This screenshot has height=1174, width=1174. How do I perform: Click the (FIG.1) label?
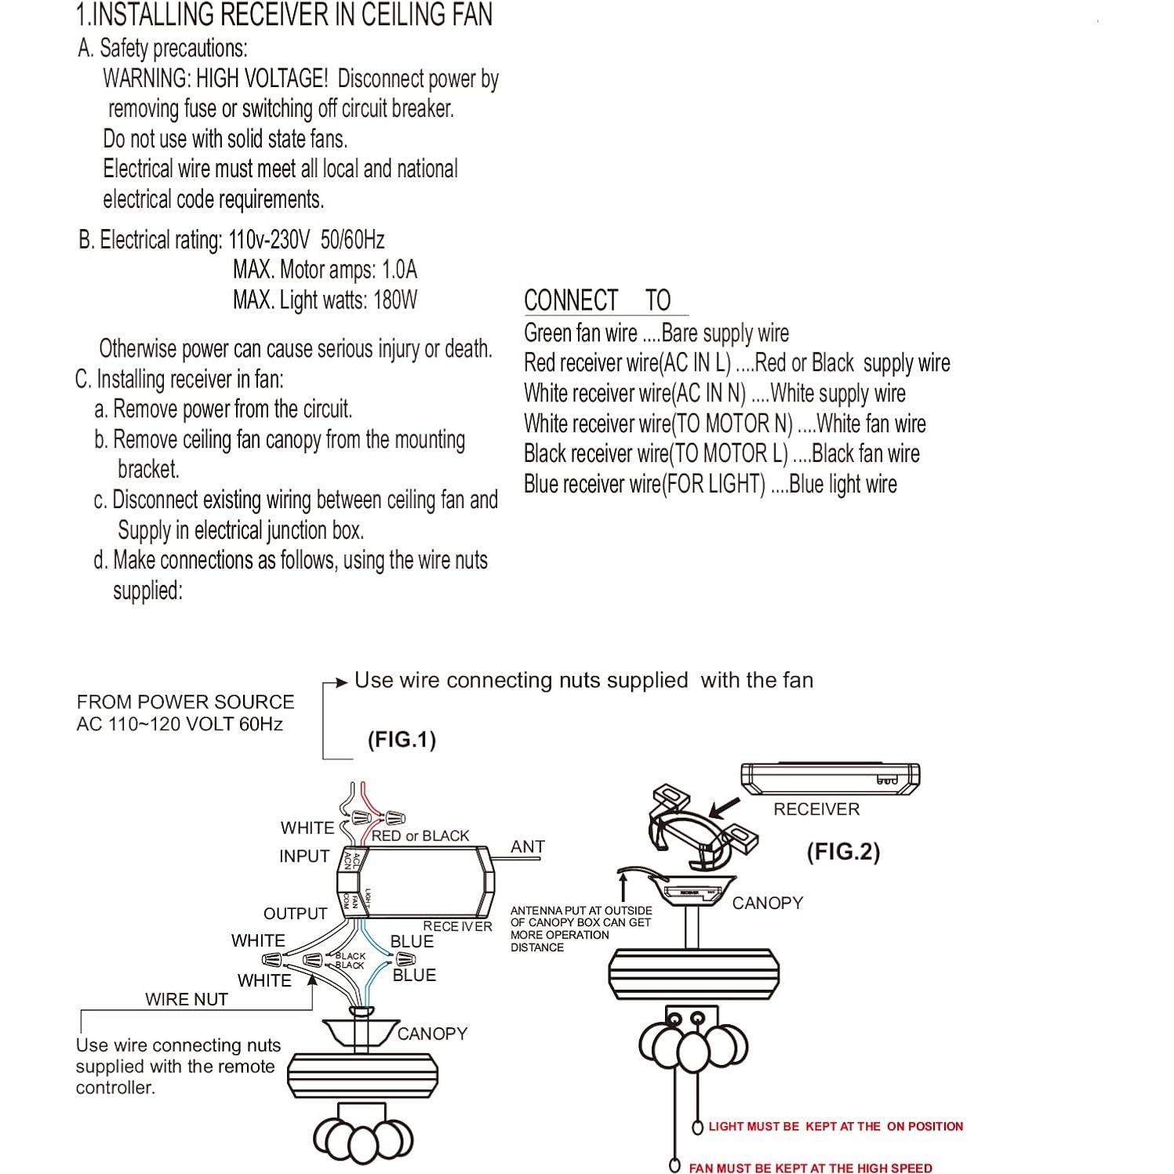click(402, 740)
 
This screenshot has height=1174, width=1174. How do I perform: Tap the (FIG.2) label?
click(843, 852)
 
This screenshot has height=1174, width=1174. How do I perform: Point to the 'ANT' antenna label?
click(527, 847)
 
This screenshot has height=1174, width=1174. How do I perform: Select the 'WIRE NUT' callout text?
click(186, 999)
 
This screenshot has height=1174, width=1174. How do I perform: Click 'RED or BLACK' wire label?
click(420, 836)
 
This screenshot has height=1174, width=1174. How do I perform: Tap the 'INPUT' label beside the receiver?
click(304, 856)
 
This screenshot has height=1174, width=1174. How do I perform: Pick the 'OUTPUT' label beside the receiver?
click(295, 914)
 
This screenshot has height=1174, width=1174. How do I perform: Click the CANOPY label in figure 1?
click(432, 1034)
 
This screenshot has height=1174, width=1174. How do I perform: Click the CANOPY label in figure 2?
click(767, 903)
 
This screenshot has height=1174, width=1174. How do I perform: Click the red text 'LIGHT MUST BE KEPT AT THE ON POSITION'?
click(835, 1126)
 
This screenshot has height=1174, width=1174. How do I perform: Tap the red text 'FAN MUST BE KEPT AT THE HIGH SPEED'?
click(810, 1168)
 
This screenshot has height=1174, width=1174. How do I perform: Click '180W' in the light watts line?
click(395, 300)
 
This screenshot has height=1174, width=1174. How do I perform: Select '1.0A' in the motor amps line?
click(399, 270)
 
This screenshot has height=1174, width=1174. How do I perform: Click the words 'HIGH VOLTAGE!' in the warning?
click(262, 78)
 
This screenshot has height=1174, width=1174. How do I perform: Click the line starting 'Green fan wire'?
click(656, 333)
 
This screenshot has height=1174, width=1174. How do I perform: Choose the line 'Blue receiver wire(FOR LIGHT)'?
click(710, 485)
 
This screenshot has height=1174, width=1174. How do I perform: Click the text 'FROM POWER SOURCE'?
click(185, 702)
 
